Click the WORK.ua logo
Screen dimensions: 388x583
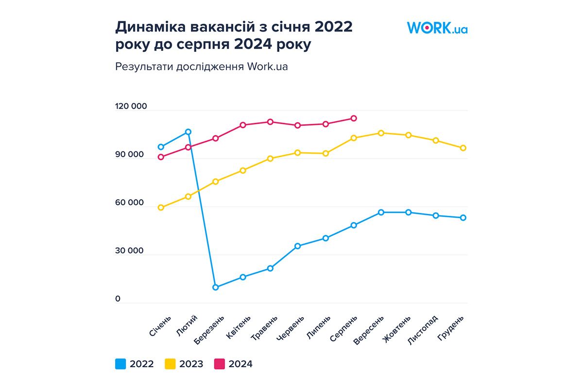coord(437,28)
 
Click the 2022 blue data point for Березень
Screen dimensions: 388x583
coord(215,287)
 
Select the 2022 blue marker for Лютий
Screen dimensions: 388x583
coord(188,132)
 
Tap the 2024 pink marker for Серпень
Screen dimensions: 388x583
coord(354,118)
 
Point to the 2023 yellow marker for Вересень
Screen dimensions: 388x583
coord(381,133)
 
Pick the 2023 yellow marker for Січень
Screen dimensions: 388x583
coord(161,208)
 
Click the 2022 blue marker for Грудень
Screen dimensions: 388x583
coord(463,218)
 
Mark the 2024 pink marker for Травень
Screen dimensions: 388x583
coord(271,122)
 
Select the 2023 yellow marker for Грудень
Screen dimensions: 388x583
coord(463,148)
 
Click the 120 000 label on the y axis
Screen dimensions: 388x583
coord(131,107)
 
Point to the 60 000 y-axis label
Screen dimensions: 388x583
coord(130,203)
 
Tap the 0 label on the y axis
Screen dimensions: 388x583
coord(118,299)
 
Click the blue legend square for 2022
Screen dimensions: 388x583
coord(120,364)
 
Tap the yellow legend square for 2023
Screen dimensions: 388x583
coord(170,364)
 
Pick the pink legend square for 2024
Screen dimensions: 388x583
coord(220,364)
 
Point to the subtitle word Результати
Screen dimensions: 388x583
coord(141,66)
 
